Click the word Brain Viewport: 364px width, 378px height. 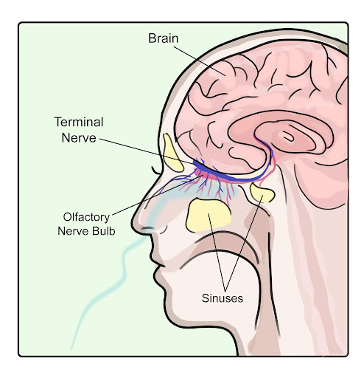[x=164, y=38]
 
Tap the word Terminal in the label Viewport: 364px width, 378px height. [x=79, y=122]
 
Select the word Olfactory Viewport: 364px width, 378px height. [x=86, y=218]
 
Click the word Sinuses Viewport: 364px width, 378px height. [x=223, y=298]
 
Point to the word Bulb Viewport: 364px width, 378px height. [x=104, y=231]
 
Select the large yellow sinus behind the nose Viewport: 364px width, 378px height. [x=209, y=216]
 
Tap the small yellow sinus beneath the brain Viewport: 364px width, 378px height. [x=262, y=193]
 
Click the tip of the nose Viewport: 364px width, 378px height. [x=134, y=220]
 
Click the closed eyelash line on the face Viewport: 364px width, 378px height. [x=155, y=171]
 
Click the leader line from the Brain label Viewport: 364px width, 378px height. [x=200, y=61]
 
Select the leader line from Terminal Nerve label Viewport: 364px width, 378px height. [x=147, y=151]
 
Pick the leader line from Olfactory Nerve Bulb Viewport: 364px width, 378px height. [x=158, y=196]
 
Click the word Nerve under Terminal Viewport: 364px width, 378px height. [x=79, y=138]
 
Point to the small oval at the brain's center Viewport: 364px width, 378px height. [x=288, y=136]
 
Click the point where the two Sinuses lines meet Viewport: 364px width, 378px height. [x=225, y=290]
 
